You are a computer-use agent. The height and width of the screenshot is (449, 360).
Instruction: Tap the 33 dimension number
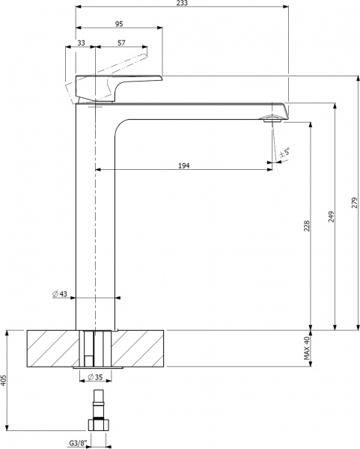point(81,44)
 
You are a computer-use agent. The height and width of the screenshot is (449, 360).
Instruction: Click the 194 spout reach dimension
point(183,165)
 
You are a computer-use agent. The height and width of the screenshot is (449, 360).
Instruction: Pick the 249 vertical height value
point(330,217)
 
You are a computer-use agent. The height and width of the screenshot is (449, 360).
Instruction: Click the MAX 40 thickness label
point(306,348)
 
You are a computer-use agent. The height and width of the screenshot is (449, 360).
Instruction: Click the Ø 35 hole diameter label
point(96,376)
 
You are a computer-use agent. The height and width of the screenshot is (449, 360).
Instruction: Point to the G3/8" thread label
point(78,443)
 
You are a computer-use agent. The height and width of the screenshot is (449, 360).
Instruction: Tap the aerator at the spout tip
point(270,117)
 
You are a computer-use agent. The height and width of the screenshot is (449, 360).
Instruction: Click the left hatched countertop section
point(52,348)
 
